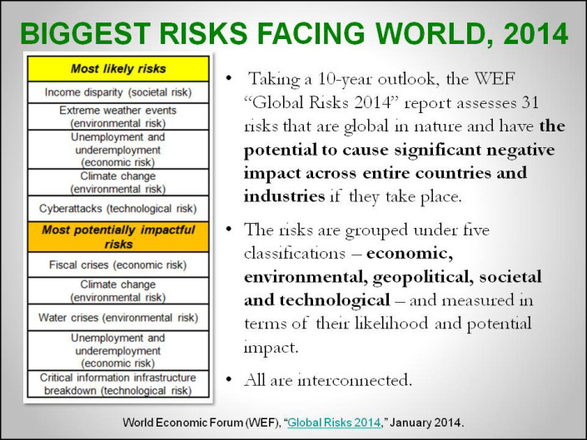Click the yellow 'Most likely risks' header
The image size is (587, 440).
pyautogui.click(x=117, y=68)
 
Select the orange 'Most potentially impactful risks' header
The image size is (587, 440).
pyautogui.click(x=117, y=236)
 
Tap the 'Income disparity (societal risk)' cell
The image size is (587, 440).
pyautogui.click(x=117, y=92)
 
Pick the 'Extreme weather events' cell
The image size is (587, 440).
pyautogui.click(x=117, y=116)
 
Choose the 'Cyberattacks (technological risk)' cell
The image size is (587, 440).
pyautogui.click(x=117, y=208)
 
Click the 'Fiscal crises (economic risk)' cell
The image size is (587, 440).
pyautogui.click(x=117, y=264)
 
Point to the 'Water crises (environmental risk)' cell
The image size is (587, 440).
pyautogui.click(x=117, y=317)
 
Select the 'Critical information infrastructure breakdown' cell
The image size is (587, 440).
pyautogui.click(x=117, y=384)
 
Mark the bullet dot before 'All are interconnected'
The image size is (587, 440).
pyautogui.click(x=229, y=381)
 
